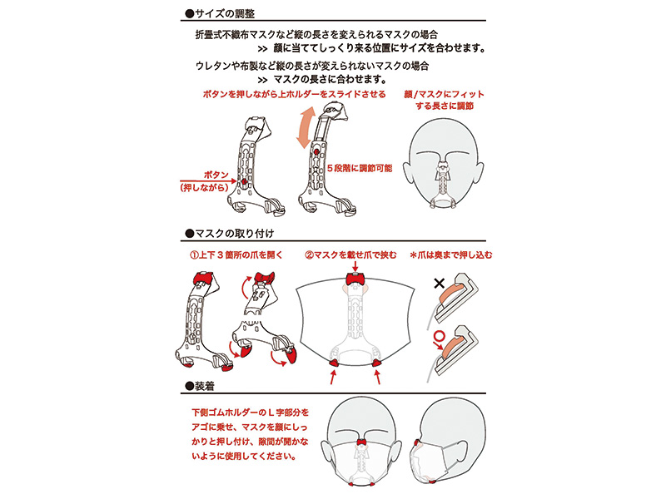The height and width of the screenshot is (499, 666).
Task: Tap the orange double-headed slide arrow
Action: (306, 128)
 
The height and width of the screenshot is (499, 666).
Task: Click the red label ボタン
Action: (216, 175)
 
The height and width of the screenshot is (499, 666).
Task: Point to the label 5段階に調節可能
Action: (360, 169)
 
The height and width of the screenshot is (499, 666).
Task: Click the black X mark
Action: (440, 283)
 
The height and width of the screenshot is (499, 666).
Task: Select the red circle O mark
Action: (440, 337)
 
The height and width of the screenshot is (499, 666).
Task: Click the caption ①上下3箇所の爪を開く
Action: (236, 255)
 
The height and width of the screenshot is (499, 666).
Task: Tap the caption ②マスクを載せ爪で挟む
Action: (350, 255)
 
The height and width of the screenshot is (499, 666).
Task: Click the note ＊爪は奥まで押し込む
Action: (451, 255)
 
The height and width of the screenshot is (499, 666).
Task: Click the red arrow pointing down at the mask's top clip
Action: (355, 266)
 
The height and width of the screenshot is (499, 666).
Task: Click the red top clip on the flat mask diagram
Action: (355, 279)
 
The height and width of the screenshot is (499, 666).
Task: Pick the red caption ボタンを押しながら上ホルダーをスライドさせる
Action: (295, 94)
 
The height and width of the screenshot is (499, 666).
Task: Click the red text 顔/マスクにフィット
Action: (444, 94)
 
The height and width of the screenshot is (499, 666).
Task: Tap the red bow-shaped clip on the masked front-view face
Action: (362, 443)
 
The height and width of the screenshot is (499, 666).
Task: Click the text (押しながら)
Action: (204, 188)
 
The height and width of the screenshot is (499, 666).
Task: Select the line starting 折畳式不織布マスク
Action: (316, 34)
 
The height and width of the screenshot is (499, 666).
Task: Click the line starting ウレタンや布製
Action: (312, 66)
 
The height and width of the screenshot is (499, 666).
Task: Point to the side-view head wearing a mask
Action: (448, 442)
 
